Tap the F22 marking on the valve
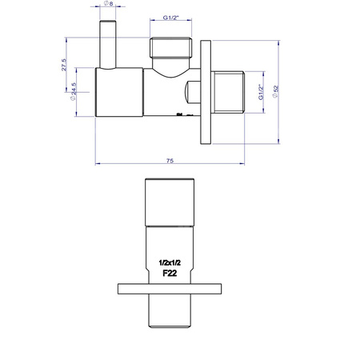[170, 273]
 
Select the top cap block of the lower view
[171, 202]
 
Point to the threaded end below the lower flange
[171, 314]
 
